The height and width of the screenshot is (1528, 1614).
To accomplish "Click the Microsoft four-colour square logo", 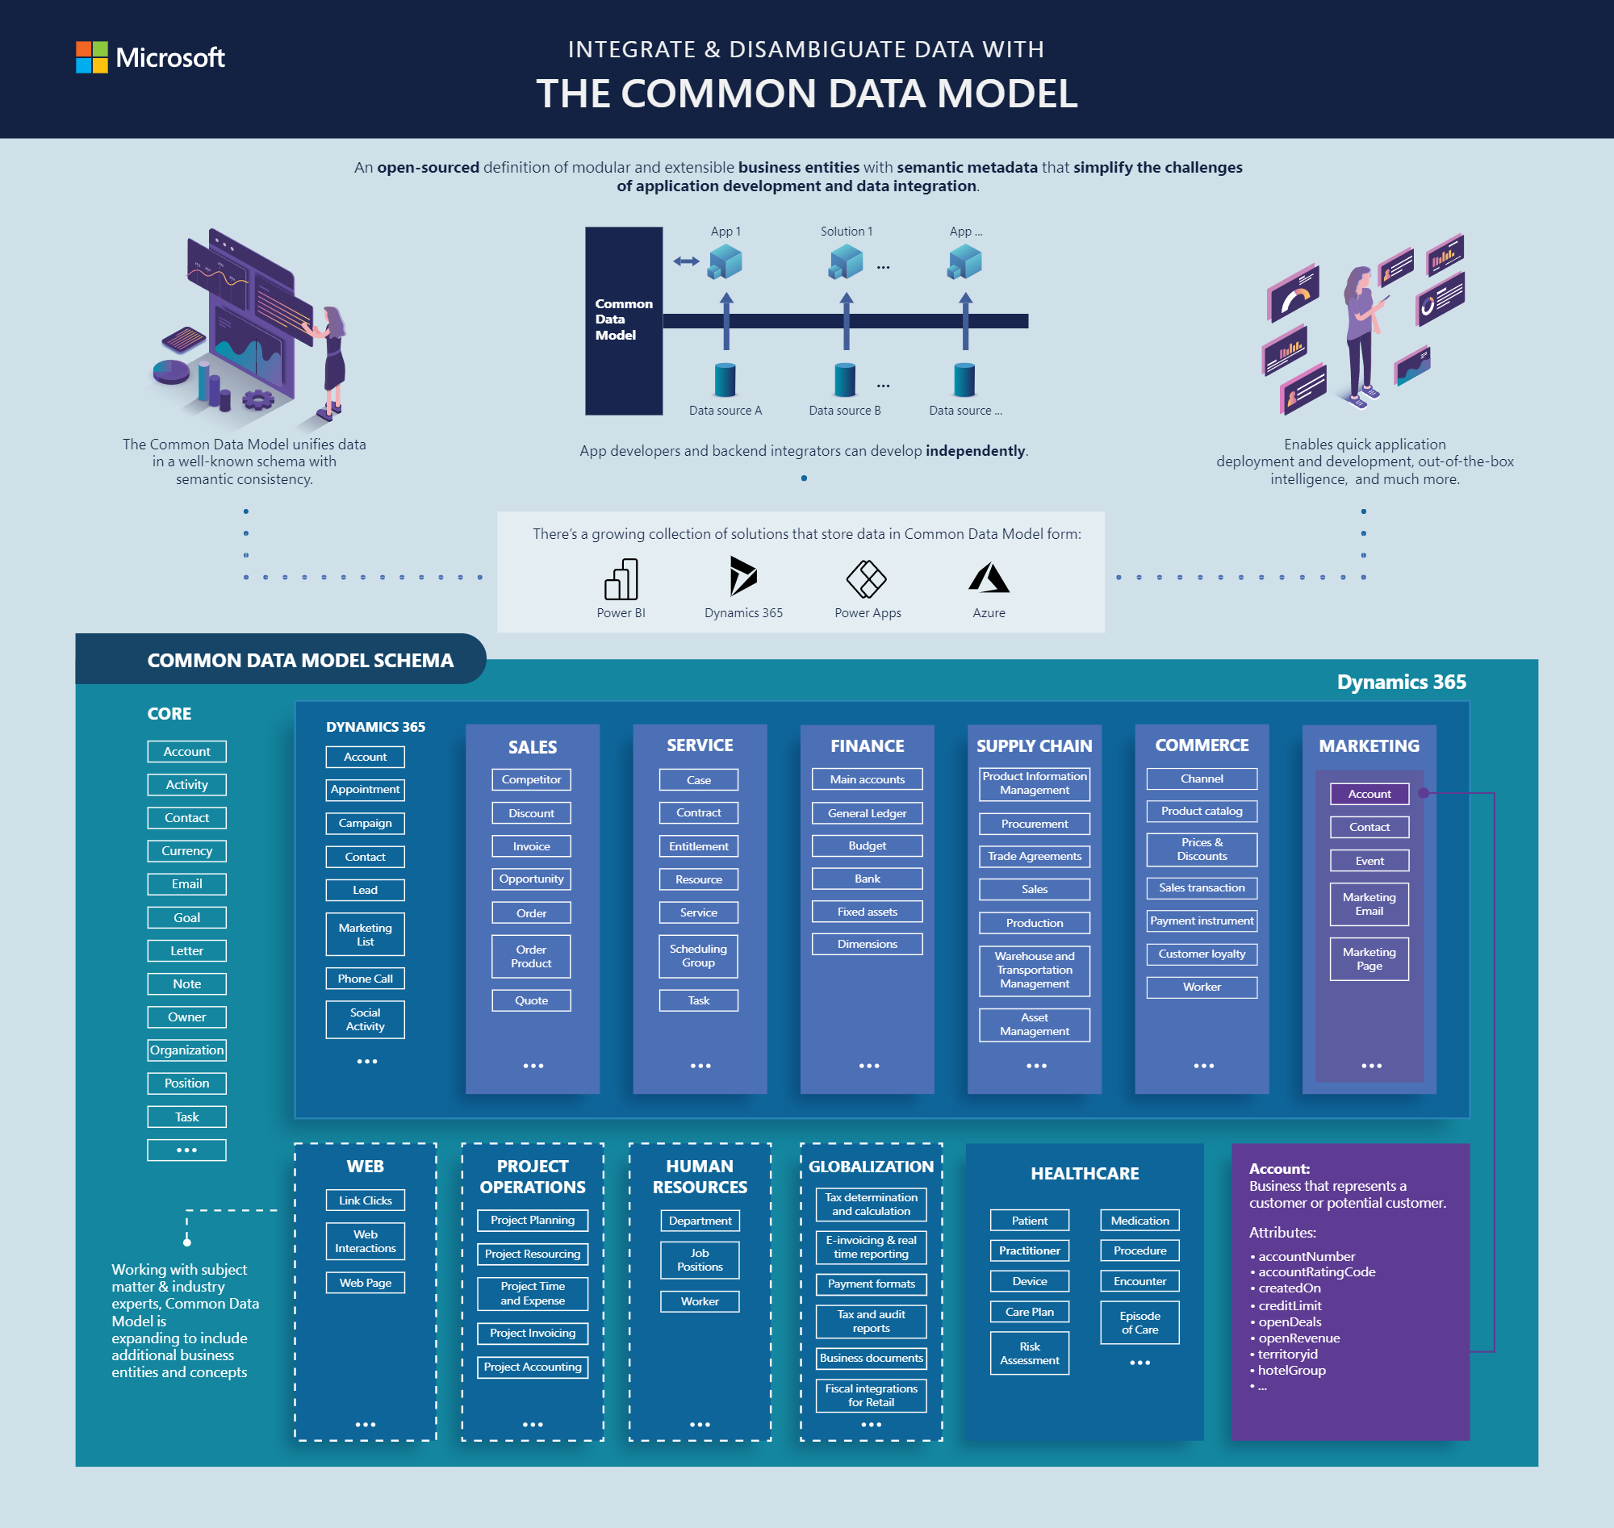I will pos(91,57).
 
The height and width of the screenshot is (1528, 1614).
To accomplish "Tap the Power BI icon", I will pos(621,579).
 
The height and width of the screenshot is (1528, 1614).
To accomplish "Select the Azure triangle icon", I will pos(989,578).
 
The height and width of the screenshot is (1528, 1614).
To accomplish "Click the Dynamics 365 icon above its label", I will pos(743,577).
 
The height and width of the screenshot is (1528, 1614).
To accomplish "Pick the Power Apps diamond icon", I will pos(866,579).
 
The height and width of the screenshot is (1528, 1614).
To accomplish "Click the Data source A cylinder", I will pos(725,379).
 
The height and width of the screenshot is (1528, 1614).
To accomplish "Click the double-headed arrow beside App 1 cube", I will pos(686,261).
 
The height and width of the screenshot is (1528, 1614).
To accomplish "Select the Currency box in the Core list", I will pos(186,851).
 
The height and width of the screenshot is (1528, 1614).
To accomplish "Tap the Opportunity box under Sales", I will pos(531,879).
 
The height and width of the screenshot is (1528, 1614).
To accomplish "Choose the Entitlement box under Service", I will pos(698,846).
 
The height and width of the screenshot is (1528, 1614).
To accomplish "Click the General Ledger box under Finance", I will pos(867,813).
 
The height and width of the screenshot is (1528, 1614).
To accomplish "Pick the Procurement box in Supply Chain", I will pos(1034,824).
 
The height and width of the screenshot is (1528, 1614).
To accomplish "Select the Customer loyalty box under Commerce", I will pos(1202,954).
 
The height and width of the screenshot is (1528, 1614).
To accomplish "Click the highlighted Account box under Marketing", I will pos(1369,794).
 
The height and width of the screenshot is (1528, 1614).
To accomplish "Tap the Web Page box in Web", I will pos(365,1283).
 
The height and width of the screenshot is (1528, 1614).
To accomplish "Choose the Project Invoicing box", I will pos(532,1333).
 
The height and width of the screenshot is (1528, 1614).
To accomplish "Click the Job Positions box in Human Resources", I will pos(699,1260).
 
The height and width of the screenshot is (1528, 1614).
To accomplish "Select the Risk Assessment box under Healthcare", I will pos(1029,1353).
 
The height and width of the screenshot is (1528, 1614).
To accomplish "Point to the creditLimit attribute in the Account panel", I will pos(1289,1305).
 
